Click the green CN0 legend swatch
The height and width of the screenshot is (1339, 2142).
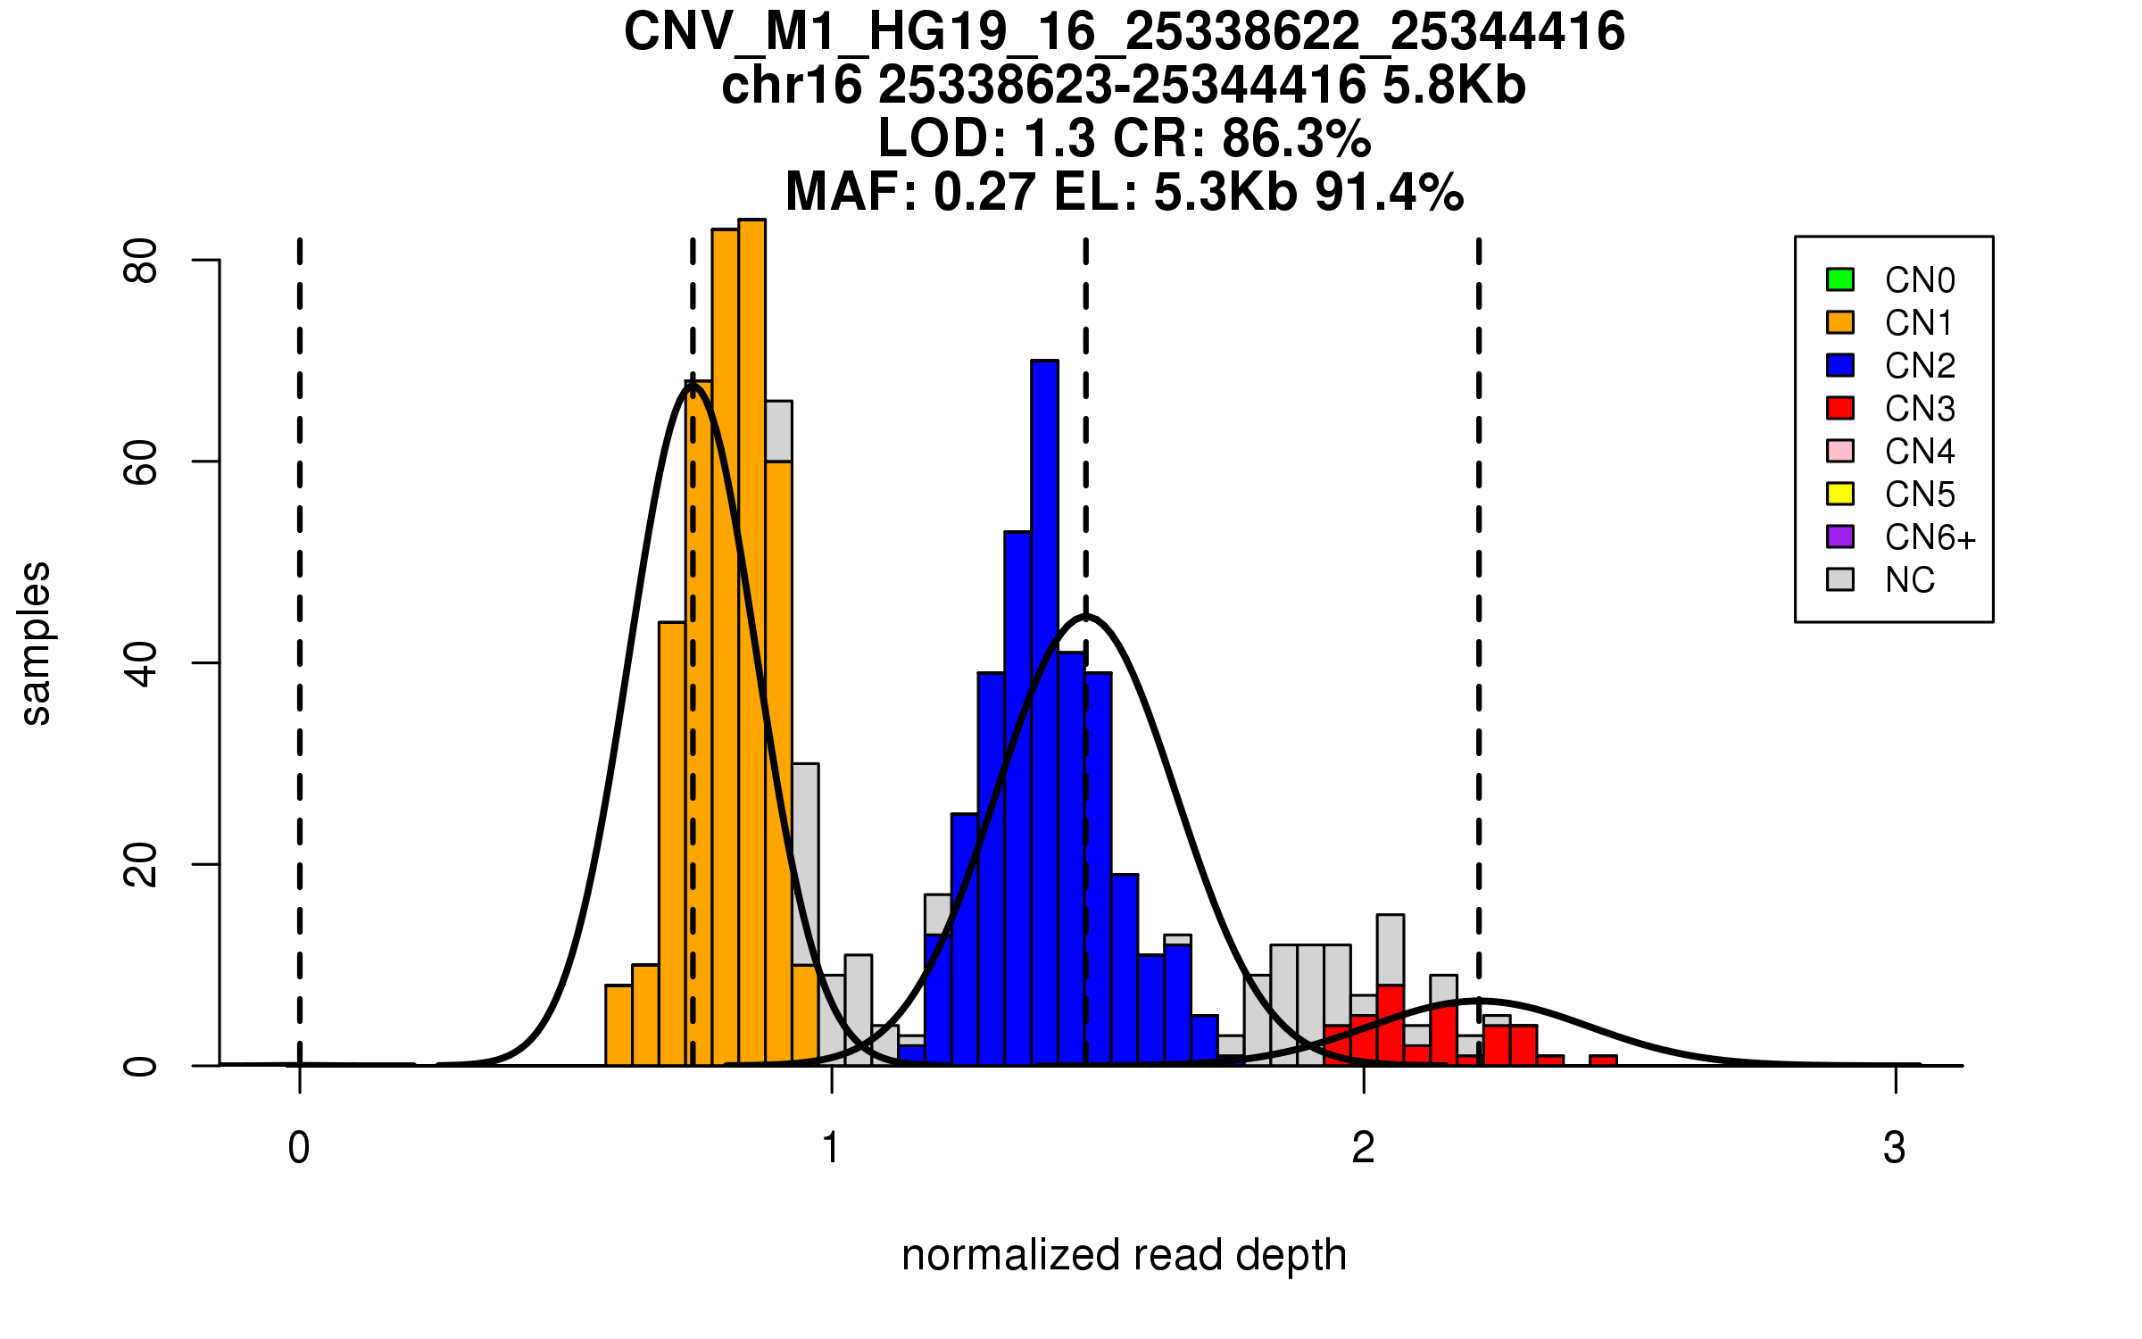pos(1840,279)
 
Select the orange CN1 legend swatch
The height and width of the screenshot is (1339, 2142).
pos(1840,322)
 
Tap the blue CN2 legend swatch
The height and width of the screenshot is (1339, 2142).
pos(1840,365)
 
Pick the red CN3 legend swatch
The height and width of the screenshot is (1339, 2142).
pos(1840,408)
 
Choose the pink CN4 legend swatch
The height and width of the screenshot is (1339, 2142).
pos(1840,451)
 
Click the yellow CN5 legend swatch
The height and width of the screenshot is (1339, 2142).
pos(1840,494)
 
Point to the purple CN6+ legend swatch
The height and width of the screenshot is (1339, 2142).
pos(1840,536)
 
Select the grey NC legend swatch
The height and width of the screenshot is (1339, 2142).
pos(1840,579)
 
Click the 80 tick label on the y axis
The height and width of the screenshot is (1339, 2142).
pos(140,261)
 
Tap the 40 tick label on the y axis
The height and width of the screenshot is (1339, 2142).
pos(140,663)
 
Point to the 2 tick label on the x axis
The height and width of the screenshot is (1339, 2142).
pos(1363,1148)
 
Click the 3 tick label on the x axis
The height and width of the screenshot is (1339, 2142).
pos(1895,1148)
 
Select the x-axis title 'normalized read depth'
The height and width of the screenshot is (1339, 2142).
pos(1124,1255)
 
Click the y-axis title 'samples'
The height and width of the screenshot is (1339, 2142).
pos(36,644)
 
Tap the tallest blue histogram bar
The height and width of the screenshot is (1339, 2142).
pos(1044,714)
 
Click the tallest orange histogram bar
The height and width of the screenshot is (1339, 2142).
pos(751,643)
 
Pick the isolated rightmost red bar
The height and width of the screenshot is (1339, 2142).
pos(1603,1060)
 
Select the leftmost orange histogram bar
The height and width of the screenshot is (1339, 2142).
pos(619,1026)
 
